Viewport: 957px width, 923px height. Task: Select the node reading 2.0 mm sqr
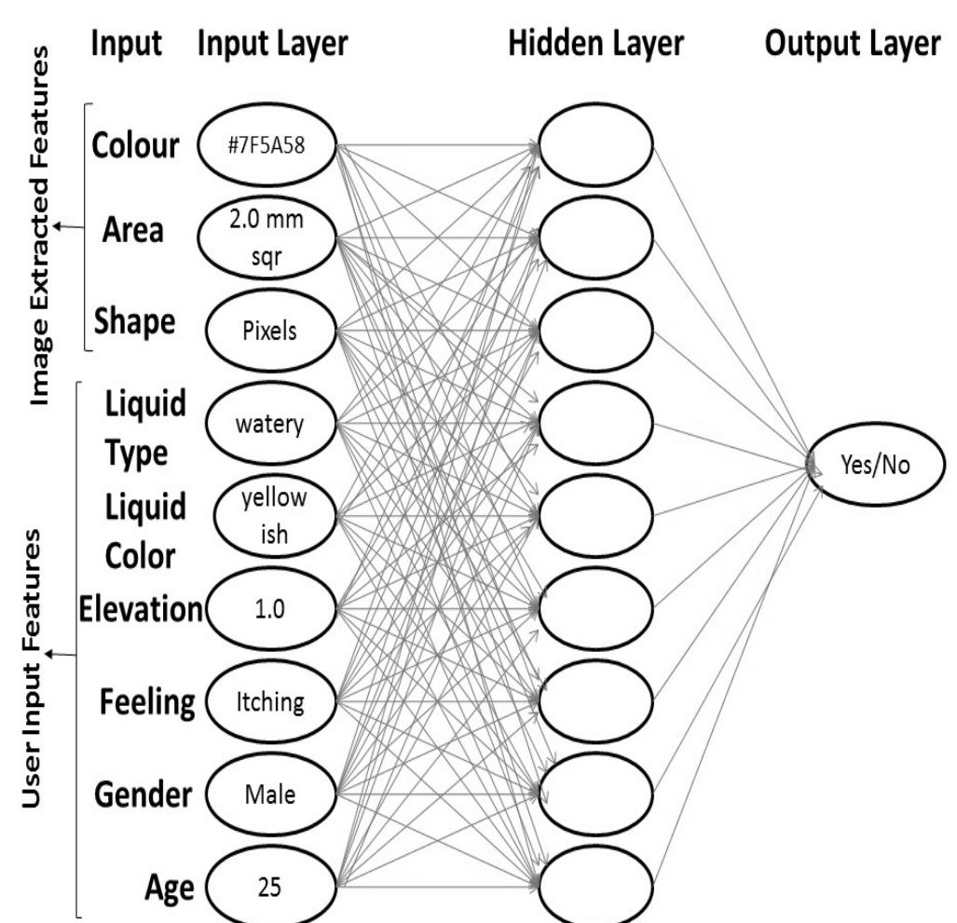click(265, 238)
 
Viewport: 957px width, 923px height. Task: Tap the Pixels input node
click(265, 332)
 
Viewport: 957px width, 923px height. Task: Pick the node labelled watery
click(265, 425)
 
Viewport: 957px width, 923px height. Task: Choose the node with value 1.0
click(265, 609)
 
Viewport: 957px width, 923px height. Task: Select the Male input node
click(265, 794)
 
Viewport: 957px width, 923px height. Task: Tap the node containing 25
click(265, 885)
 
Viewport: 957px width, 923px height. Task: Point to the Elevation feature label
click(139, 610)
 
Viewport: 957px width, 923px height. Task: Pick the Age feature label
click(168, 886)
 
